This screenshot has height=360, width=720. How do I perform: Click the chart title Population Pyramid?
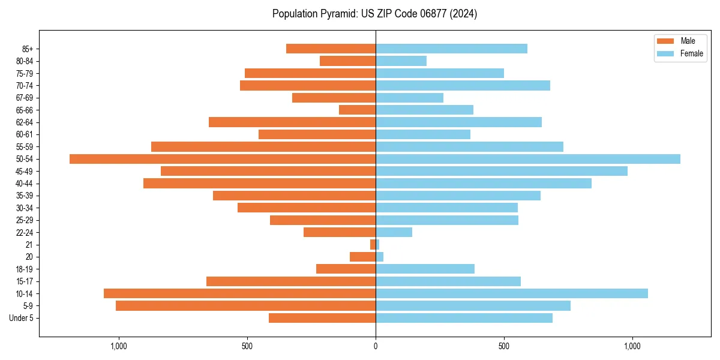pos(374,14)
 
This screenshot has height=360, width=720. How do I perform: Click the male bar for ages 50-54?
pos(223,159)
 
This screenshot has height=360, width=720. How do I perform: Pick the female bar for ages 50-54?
pos(528,159)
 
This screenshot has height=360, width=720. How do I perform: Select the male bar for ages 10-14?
pos(239,293)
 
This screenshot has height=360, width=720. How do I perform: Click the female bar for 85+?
pos(451,49)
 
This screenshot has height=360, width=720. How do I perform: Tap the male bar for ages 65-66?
pos(357,110)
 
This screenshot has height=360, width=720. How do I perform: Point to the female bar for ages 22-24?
pos(394,232)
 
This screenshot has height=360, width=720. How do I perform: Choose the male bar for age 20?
pos(362,257)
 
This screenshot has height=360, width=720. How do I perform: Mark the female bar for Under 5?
pos(464,318)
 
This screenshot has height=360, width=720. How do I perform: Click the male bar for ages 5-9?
pos(245,306)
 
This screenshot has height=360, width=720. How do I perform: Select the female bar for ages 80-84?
pos(401,61)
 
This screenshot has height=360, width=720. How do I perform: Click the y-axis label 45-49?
pos(25,171)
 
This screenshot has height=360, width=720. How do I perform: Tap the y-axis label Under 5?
pos(21,318)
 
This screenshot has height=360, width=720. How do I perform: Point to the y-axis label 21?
pos(29,245)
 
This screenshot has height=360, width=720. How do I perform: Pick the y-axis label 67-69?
pos(25,98)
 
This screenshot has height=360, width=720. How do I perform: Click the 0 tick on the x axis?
pos(376,346)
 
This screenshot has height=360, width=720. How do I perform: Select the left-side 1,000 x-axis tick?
pos(118,346)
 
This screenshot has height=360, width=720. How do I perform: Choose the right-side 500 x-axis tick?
pos(504,346)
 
